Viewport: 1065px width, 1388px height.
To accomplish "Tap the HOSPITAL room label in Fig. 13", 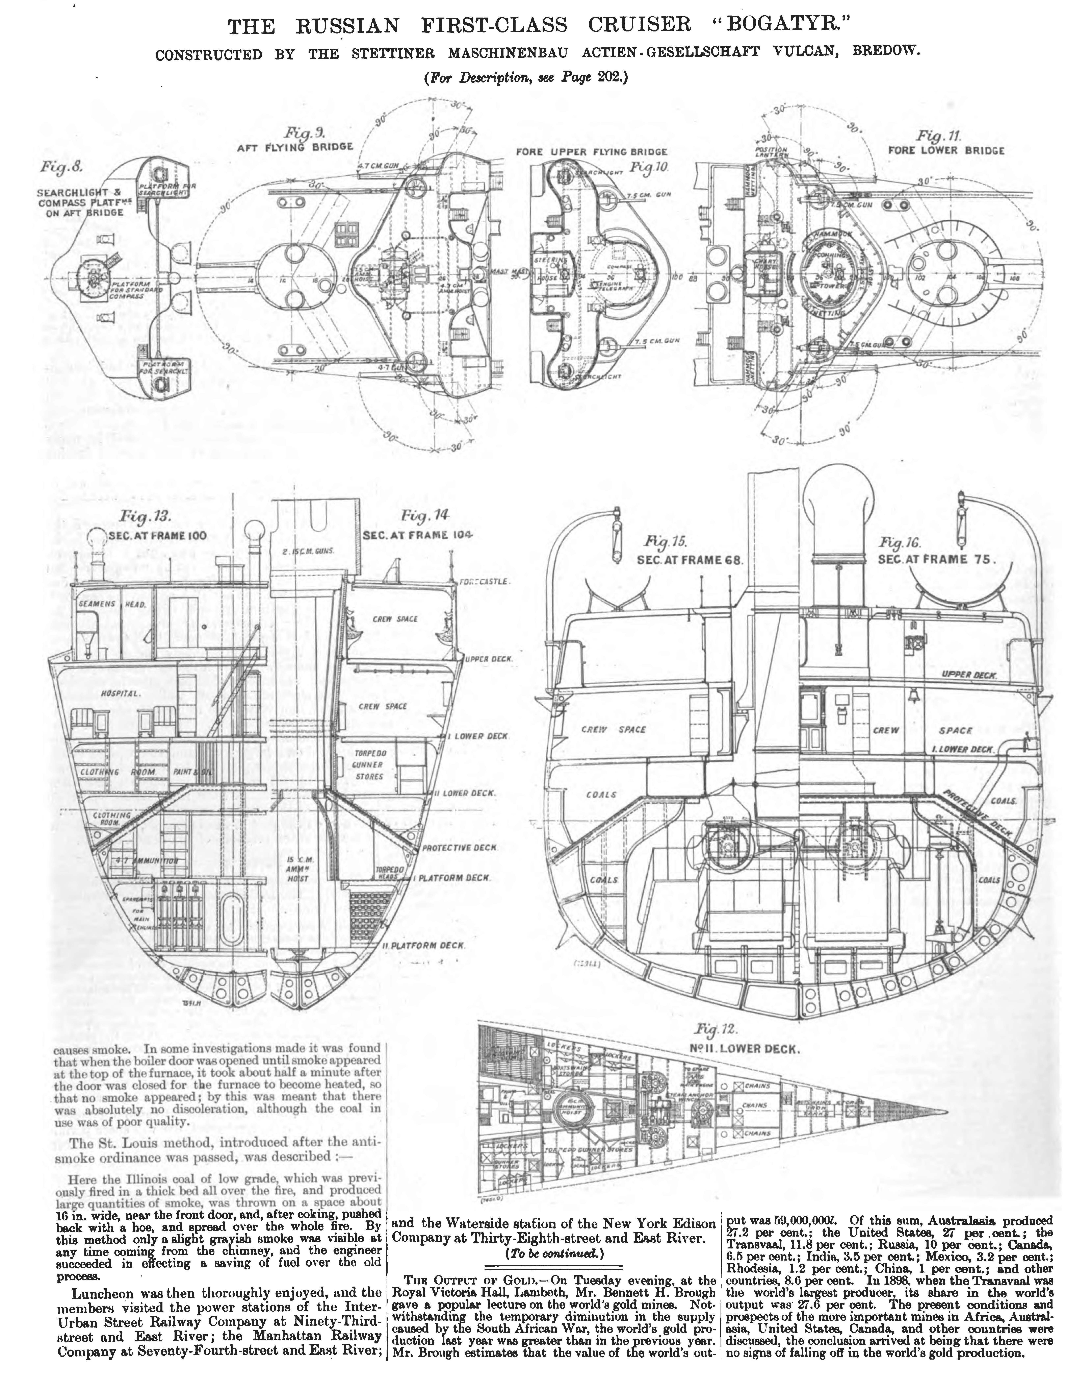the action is (x=120, y=693).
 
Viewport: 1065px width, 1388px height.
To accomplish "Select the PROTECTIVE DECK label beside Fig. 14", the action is (x=459, y=848).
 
